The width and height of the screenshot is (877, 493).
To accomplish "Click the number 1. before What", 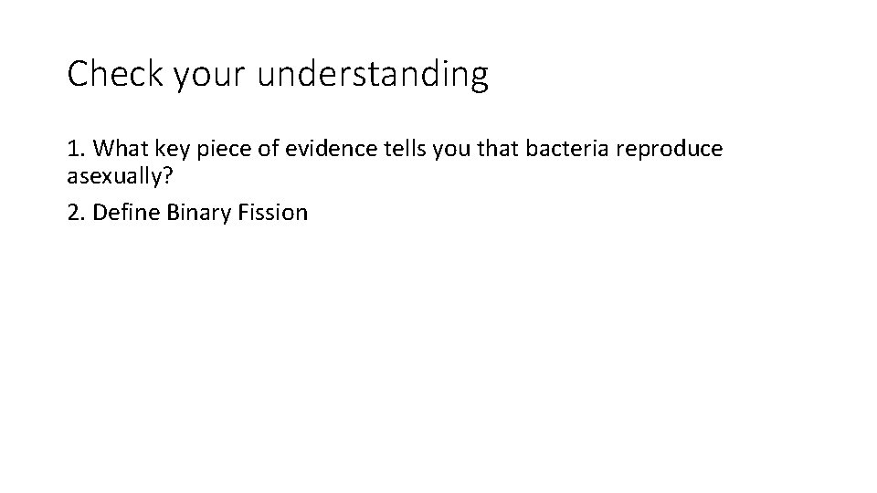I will (77, 148).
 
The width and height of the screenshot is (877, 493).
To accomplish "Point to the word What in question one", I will (122, 148).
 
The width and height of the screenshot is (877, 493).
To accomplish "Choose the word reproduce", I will (671, 149).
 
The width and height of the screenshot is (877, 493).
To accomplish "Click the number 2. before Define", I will (77, 213).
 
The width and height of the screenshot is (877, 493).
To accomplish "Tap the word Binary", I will (193, 214).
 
